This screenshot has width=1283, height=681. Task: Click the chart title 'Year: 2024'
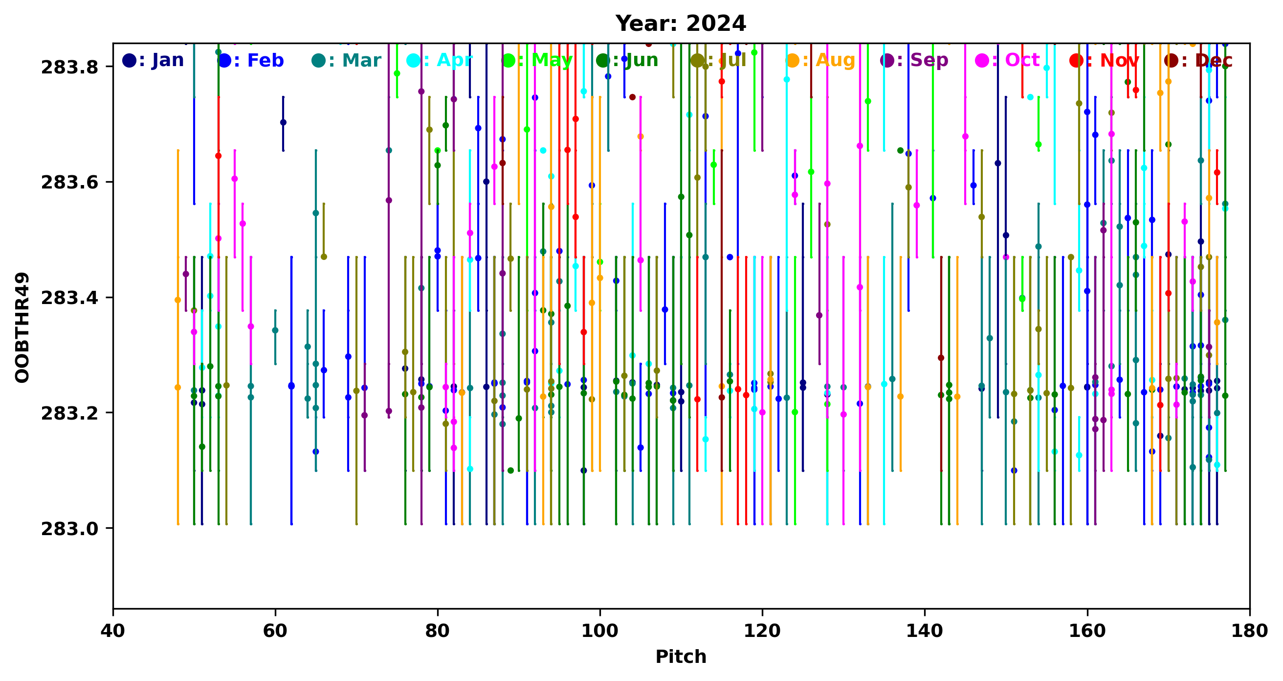coord(680,23)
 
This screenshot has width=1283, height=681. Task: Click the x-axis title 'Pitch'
coord(680,657)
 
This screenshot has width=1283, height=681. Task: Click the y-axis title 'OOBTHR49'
coord(22,328)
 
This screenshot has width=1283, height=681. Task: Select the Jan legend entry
coord(154,60)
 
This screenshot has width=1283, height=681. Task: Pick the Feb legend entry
coord(251,60)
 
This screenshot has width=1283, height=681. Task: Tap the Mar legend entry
coord(347,60)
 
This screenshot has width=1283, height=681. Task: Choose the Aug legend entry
coord(820,60)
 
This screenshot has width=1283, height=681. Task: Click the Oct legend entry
coord(1008,60)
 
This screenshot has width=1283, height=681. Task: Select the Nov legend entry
coord(1104,60)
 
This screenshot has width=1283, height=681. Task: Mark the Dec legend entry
coord(1198,60)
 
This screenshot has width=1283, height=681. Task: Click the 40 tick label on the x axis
coord(113,631)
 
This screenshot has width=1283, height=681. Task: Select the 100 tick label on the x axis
coord(599,631)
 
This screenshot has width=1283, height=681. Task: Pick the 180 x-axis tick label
coord(1249,631)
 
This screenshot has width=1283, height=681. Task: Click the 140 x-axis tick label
coord(925,631)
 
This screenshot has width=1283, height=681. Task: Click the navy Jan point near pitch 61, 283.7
coord(283,122)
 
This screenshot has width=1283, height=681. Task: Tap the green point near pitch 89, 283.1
coord(510,470)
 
